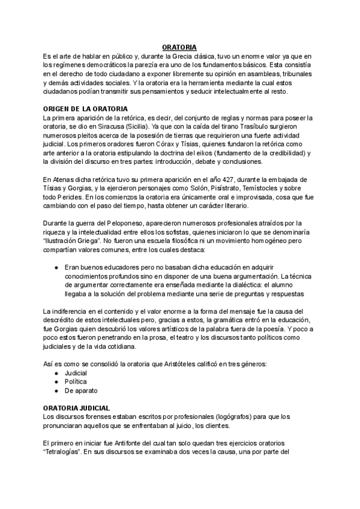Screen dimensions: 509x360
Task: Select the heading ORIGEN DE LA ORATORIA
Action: click(x=85, y=109)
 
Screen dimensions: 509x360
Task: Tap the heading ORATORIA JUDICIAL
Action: click(x=76, y=408)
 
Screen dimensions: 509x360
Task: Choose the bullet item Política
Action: click(x=76, y=381)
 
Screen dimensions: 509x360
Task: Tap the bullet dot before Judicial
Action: click(x=56, y=373)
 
